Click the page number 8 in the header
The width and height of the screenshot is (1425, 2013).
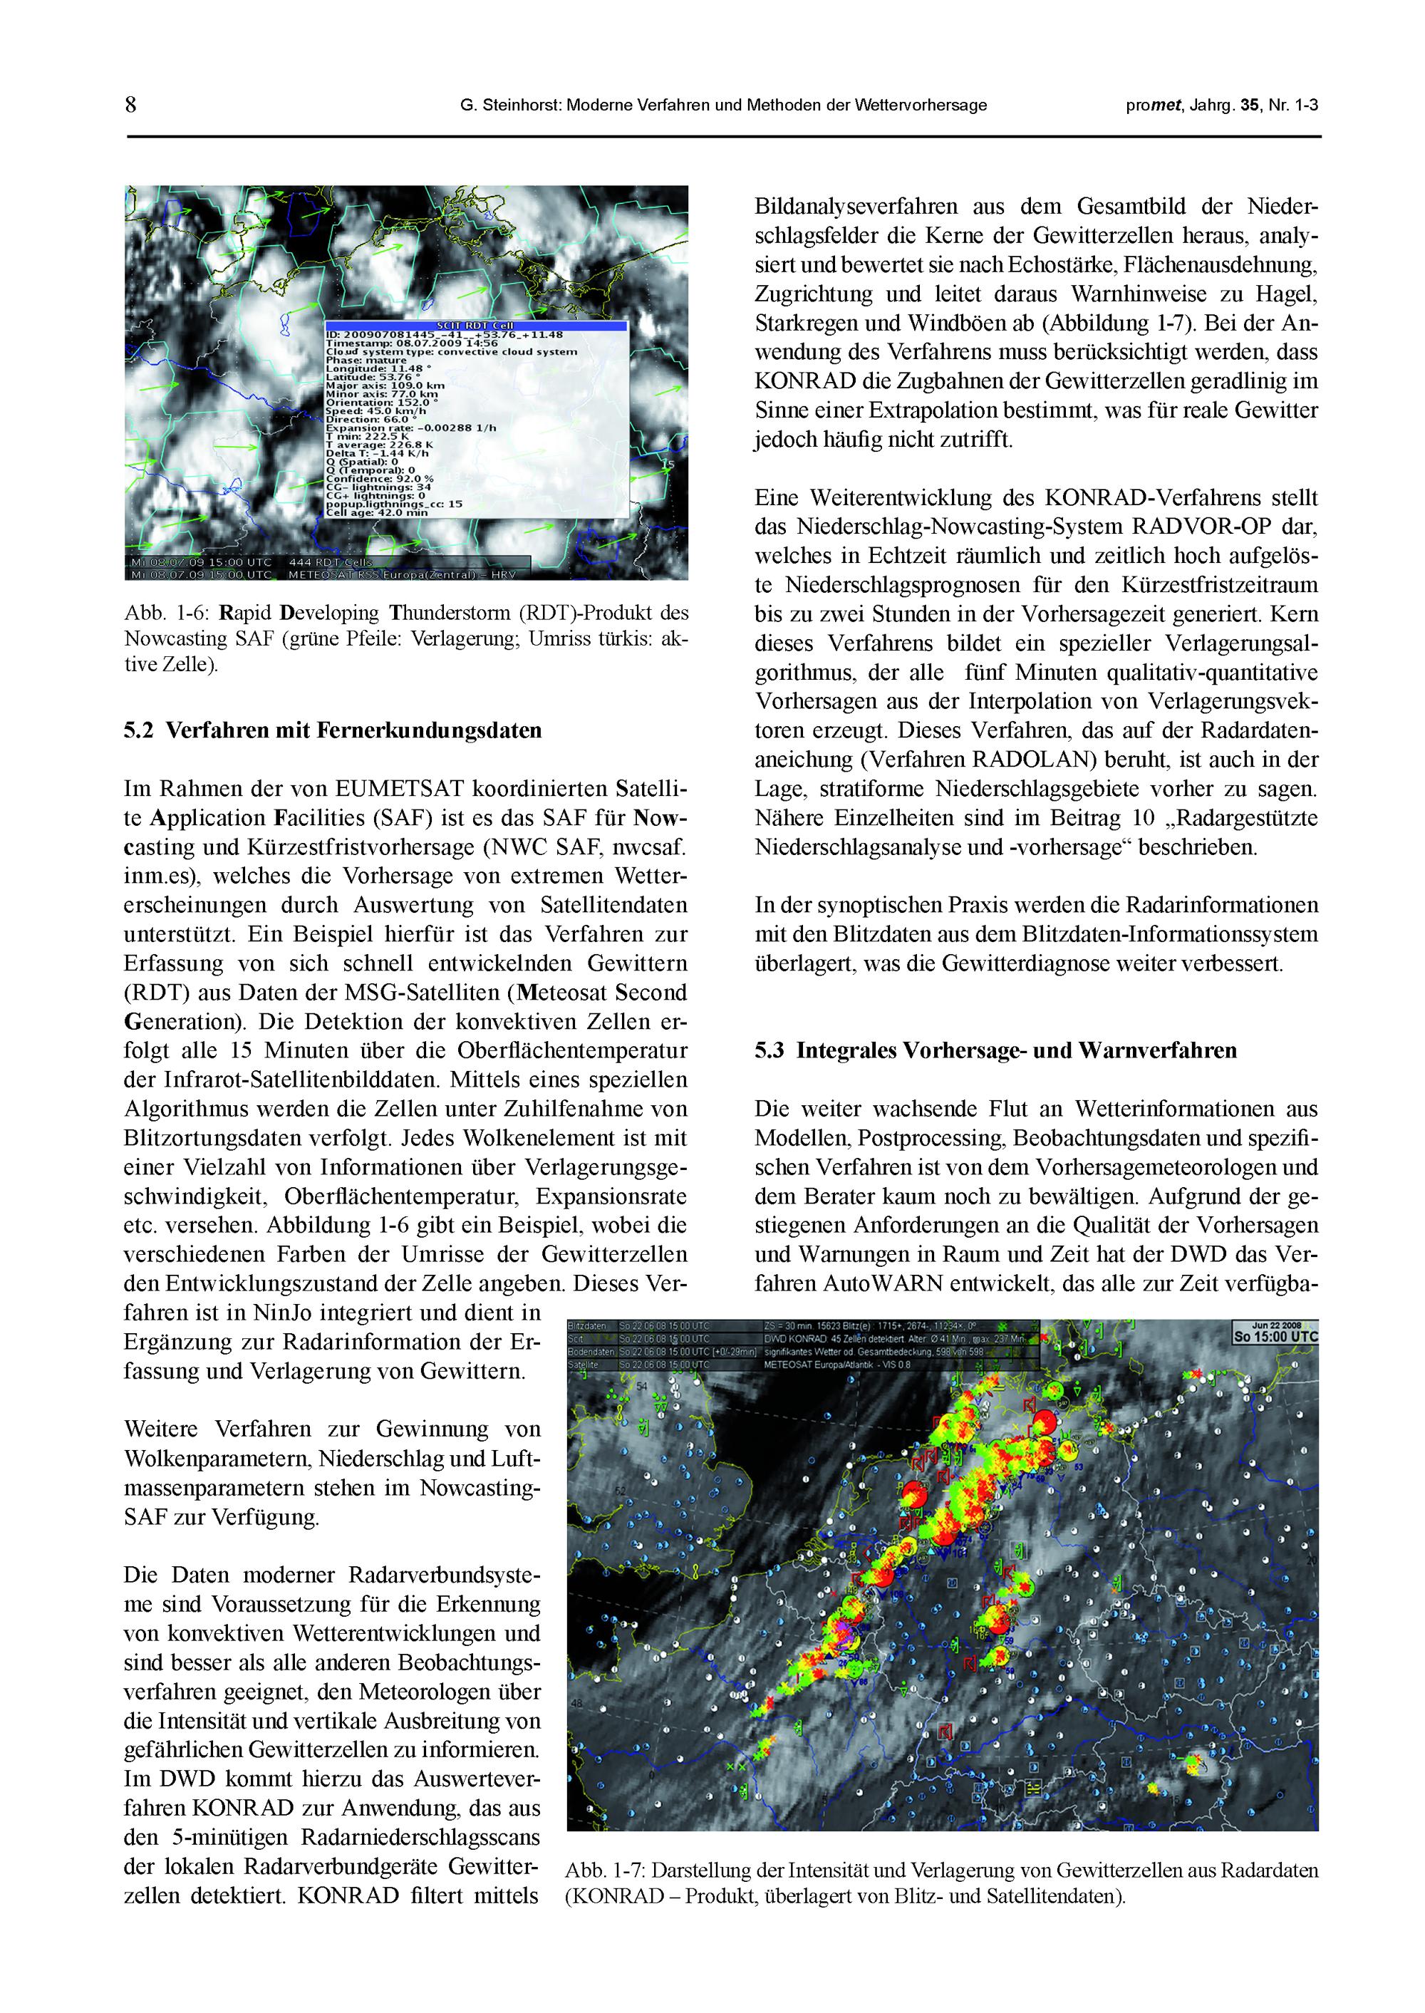point(130,105)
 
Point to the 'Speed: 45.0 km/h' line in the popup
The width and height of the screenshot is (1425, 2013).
point(375,410)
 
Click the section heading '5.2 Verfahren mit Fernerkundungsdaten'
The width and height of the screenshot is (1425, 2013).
point(333,730)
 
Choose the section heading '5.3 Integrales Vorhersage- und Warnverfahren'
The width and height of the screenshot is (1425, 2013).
point(995,1050)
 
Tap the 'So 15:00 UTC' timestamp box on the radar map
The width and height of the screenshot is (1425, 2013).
point(1275,1337)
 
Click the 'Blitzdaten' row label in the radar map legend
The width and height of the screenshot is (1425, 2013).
point(587,1325)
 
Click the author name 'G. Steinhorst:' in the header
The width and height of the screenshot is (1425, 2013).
point(510,105)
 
